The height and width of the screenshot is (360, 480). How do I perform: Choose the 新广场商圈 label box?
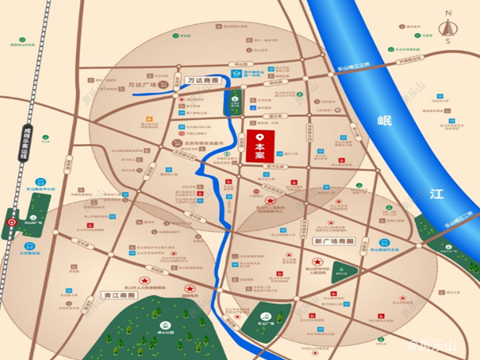(332, 241)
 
